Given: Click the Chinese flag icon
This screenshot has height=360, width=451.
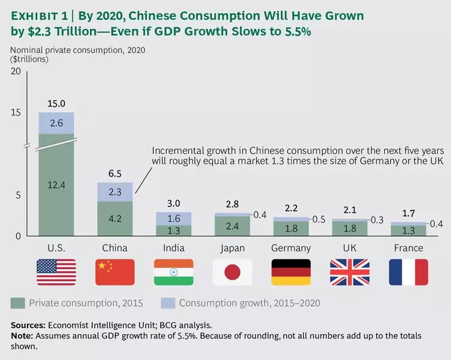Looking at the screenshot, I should [115, 272].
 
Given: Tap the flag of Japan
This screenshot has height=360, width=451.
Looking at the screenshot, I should [232, 272].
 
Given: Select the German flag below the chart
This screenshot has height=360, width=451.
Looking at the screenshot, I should [291, 272].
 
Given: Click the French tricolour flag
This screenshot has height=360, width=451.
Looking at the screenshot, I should [408, 272].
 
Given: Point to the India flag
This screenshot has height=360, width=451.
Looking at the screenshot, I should [173, 272].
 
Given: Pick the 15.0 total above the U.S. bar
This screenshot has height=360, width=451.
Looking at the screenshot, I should [56, 103].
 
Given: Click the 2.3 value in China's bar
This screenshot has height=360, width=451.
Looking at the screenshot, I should [115, 192].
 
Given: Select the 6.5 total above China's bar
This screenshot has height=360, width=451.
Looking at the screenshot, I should [115, 174].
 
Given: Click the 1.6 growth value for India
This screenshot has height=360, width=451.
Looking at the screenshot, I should [173, 219].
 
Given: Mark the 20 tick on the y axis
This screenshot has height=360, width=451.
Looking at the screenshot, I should [16, 72].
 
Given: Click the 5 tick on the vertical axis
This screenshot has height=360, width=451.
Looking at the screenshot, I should [18, 195].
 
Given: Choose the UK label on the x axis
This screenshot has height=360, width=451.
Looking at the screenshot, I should [350, 248].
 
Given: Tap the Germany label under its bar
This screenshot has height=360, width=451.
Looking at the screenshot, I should [291, 248].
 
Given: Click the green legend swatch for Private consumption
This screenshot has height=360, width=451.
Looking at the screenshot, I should [17, 301].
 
